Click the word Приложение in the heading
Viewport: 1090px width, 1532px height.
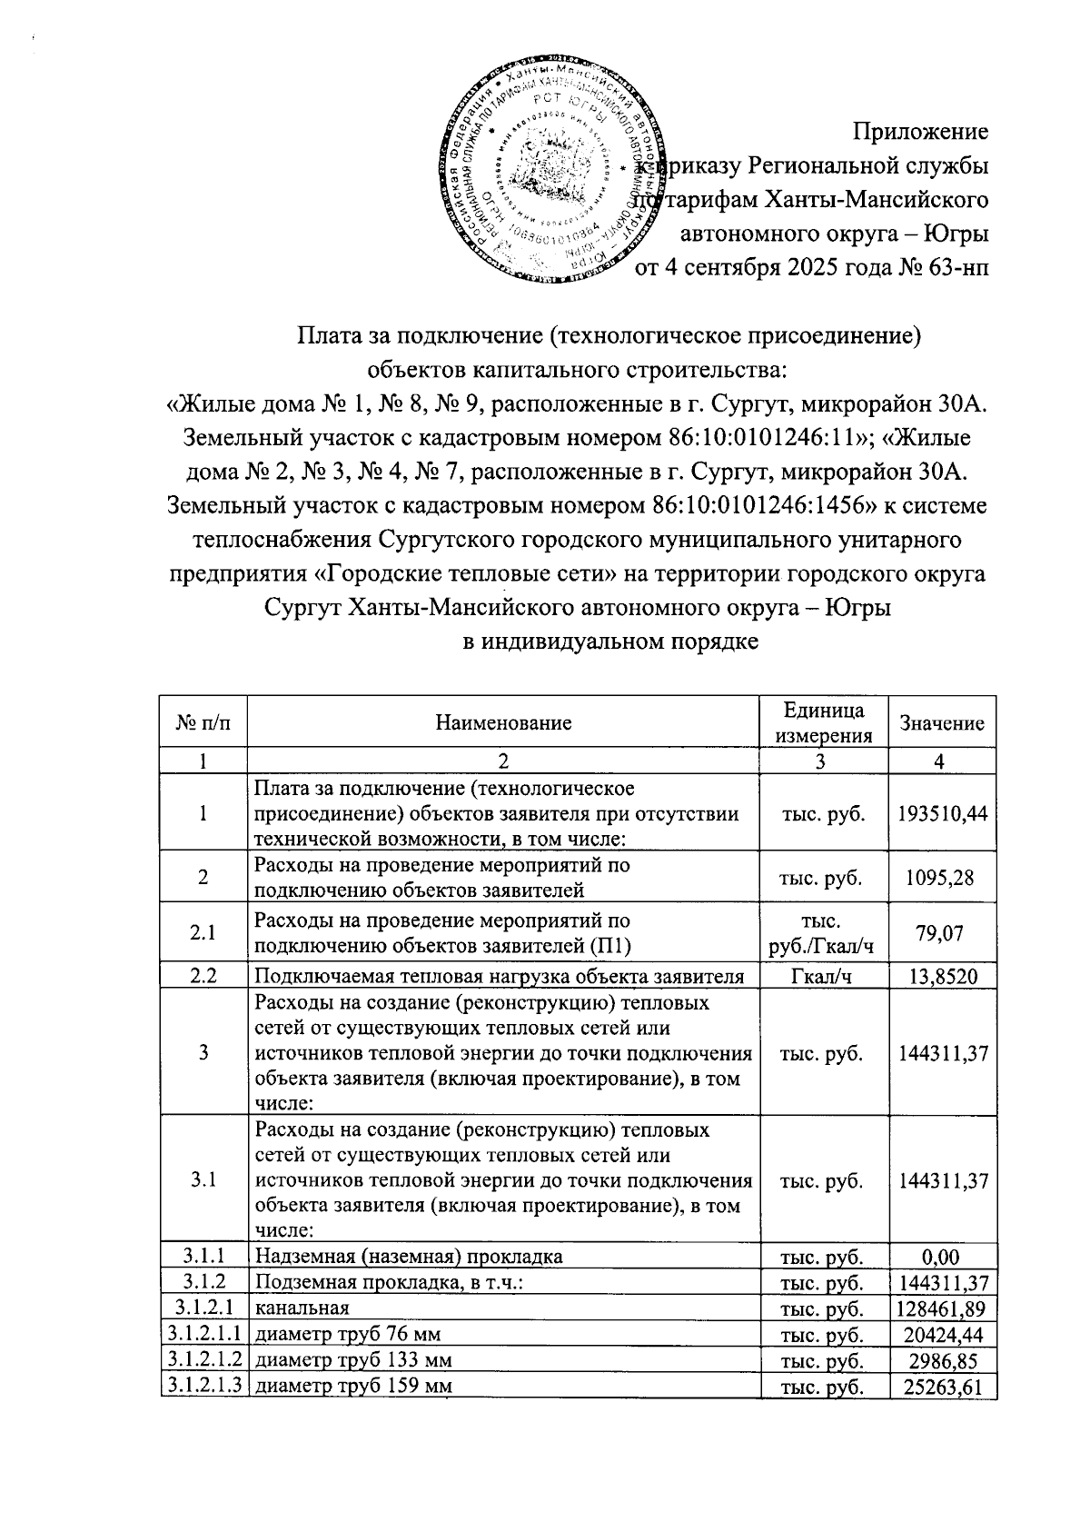920,132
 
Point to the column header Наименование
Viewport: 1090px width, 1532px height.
503,723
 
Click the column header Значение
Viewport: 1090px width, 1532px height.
941,723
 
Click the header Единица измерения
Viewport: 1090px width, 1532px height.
823,723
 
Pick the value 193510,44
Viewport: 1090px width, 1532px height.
941,814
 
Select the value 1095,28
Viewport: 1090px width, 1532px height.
941,878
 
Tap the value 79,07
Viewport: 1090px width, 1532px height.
941,933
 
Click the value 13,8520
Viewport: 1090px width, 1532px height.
941,978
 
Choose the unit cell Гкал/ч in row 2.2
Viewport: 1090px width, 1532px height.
823,978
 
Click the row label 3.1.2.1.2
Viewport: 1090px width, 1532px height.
203,1360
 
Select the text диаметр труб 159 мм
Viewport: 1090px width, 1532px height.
354,1387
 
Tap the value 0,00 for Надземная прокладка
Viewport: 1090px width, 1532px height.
941,1258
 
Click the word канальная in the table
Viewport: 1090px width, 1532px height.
302,1309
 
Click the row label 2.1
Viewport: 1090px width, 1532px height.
203,933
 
